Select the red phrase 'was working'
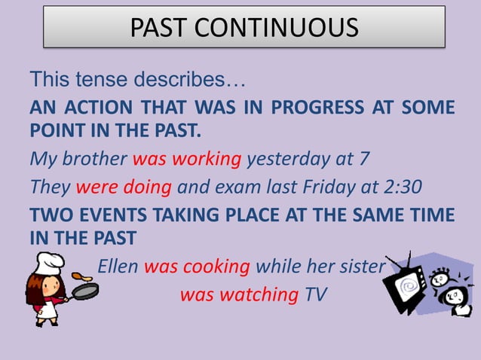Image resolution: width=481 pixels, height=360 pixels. click(x=187, y=160)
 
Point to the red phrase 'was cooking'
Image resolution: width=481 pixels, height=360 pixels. click(x=197, y=267)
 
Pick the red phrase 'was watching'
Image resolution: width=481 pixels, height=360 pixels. click(x=239, y=294)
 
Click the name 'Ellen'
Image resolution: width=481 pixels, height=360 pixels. click(x=118, y=267)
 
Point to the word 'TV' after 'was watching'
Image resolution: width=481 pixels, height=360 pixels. click(x=316, y=294)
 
